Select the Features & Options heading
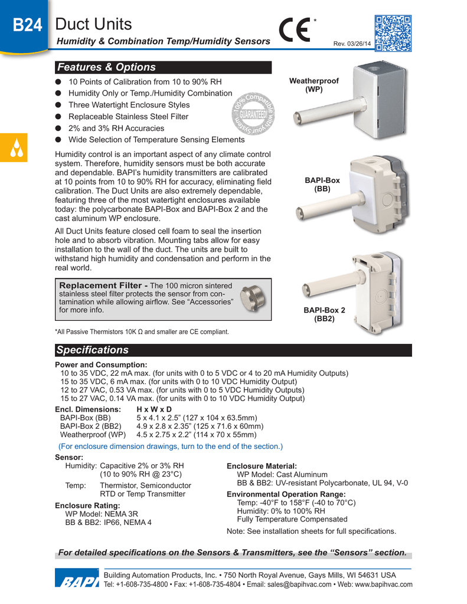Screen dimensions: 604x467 pyautogui.click(x=106, y=67)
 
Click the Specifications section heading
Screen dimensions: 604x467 pyautogui.click(x=92, y=350)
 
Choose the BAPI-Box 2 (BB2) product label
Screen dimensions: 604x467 pyautogui.click(x=324, y=314)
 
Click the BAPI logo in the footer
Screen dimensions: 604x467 pyautogui.click(x=77, y=581)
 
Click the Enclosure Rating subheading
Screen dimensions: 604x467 pyautogui.click(x=87, y=505)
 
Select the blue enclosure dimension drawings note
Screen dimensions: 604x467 pyautogui.click(x=171, y=446)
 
